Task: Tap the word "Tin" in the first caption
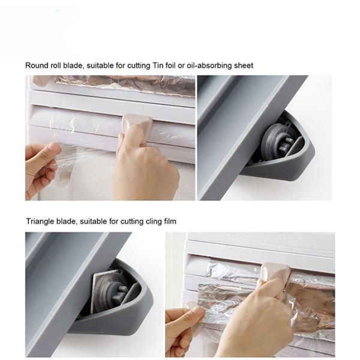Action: pyautogui.click(x=158, y=65)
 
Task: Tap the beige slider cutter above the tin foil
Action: pyautogui.click(x=276, y=271)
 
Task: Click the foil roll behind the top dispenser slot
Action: pyautogui.click(x=124, y=85)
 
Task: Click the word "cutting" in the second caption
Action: pyautogui.click(x=132, y=222)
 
